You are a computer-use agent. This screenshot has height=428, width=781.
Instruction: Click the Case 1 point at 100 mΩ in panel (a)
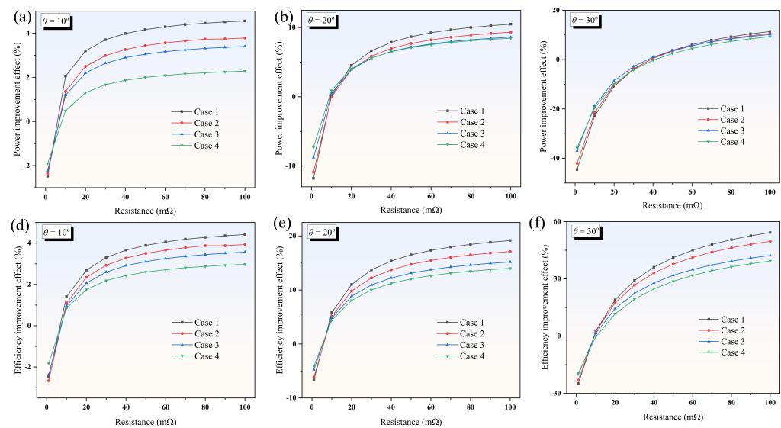click(244, 21)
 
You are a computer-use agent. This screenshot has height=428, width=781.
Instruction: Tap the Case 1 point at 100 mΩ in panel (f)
click(770, 233)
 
